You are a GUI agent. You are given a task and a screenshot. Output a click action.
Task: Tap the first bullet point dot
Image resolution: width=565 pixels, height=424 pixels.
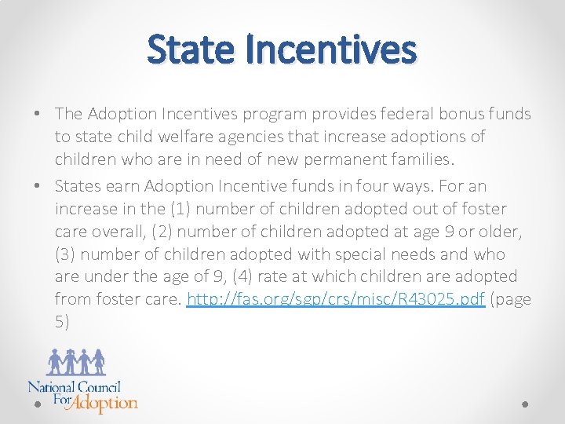[38, 114]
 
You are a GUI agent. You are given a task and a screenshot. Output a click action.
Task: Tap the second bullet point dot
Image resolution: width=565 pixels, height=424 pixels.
[38, 186]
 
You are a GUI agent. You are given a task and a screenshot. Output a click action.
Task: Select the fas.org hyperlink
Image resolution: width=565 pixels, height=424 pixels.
[336, 299]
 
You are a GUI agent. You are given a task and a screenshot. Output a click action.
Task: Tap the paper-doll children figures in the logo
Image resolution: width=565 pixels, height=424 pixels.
[76, 362]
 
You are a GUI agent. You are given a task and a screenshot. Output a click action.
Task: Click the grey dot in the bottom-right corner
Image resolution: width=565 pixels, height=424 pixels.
[525, 404]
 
